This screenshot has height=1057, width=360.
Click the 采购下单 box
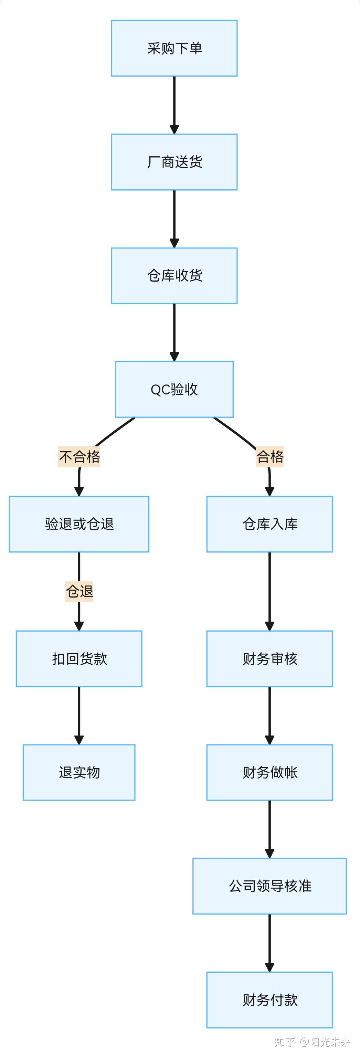click(x=174, y=48)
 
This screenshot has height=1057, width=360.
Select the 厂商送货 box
click(x=174, y=162)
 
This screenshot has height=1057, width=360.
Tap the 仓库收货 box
click(x=174, y=275)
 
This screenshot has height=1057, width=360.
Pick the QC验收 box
click(x=174, y=389)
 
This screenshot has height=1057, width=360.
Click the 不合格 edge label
click(x=79, y=456)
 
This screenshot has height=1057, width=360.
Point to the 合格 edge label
click(x=270, y=456)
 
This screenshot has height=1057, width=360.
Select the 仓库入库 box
click(x=269, y=524)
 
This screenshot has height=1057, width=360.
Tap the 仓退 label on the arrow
click(x=79, y=591)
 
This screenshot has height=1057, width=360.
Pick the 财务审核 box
click(x=269, y=658)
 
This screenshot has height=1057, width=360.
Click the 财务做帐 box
click(x=269, y=772)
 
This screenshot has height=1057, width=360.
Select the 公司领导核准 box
click(x=269, y=885)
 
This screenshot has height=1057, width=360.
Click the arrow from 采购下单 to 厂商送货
click(x=174, y=105)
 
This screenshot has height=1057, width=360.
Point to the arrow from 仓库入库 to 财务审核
click(x=269, y=591)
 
